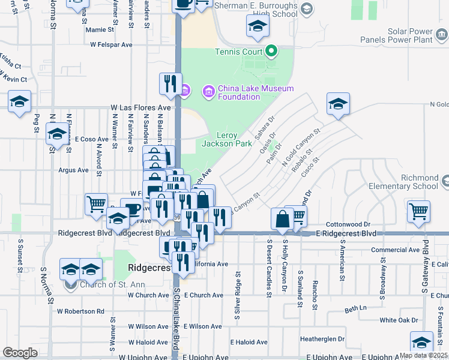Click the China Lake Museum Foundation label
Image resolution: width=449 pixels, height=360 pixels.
(x=255, y=92)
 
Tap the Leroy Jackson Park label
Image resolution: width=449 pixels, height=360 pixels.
(x=227, y=140)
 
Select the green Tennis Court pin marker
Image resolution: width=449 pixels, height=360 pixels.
(x=271, y=51)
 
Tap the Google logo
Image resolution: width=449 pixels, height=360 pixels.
(x=20, y=353)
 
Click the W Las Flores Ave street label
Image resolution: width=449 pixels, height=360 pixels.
(x=141, y=108)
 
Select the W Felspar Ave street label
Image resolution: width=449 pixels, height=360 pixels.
(x=112, y=44)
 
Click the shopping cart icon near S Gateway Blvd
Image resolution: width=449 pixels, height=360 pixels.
(x=418, y=211)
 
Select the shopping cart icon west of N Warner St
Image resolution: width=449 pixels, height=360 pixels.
(x=96, y=205)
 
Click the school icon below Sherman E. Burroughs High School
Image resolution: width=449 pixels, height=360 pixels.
(x=258, y=26)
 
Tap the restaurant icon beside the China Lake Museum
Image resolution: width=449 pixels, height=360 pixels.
(x=170, y=83)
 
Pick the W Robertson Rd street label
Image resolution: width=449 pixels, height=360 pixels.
(x=80, y=311)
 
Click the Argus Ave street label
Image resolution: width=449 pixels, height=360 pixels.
(x=73, y=170)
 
